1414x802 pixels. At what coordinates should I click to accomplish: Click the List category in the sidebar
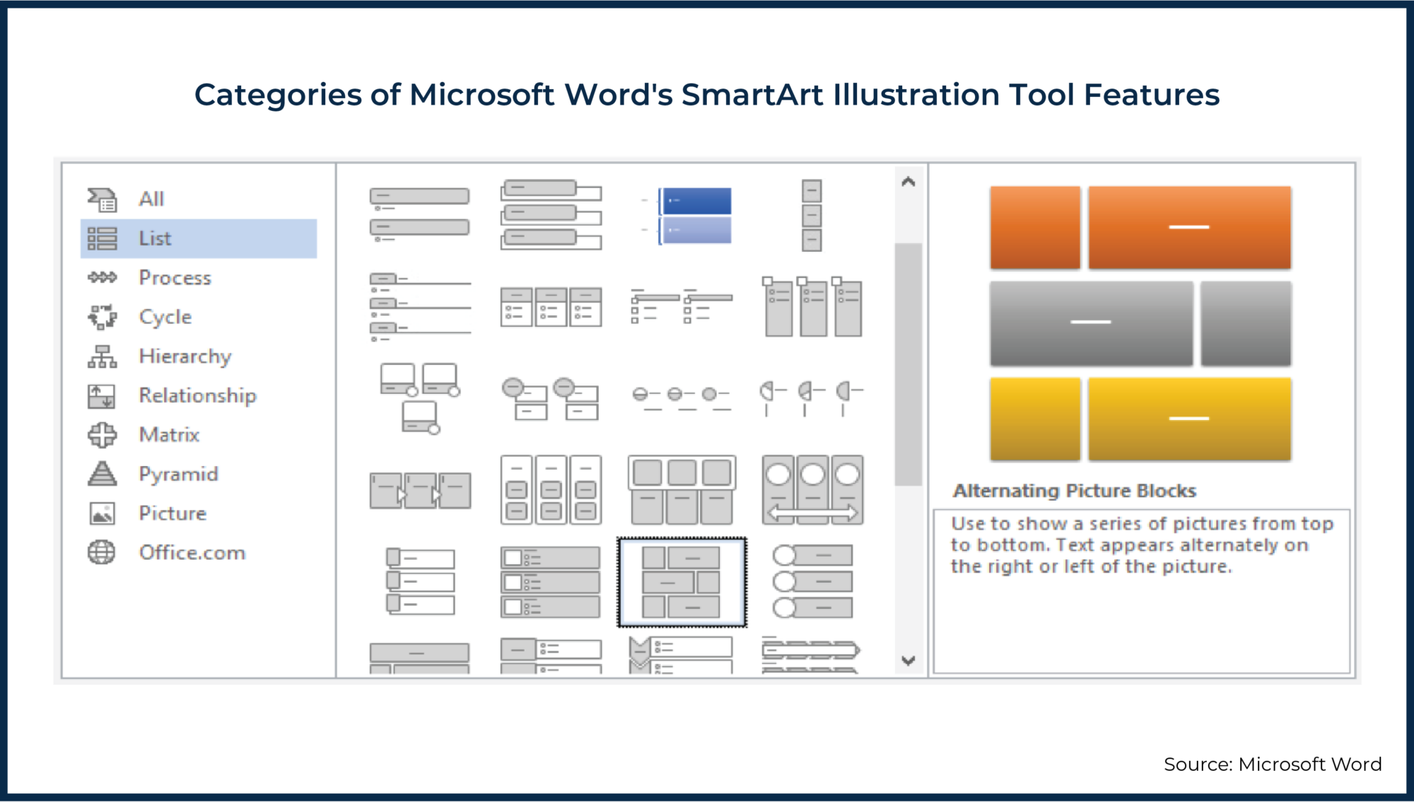click(x=155, y=238)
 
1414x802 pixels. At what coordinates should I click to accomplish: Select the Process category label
click(x=175, y=278)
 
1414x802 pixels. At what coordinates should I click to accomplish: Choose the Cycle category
click(x=165, y=317)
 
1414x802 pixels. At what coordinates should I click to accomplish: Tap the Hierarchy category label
click(x=185, y=356)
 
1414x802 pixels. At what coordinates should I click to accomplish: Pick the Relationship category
click(x=197, y=395)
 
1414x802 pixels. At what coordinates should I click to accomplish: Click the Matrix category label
click(x=169, y=435)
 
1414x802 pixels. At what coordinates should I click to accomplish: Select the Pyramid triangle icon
click(x=102, y=474)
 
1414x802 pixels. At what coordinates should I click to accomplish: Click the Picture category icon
click(x=102, y=513)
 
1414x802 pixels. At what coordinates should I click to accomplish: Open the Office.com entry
click(x=192, y=552)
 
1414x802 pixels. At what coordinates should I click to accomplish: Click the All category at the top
click(x=151, y=199)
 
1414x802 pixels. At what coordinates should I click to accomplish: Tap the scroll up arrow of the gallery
click(x=908, y=182)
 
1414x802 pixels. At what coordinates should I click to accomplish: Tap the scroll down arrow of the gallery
click(x=908, y=661)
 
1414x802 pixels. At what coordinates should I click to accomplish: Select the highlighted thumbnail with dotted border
click(x=682, y=582)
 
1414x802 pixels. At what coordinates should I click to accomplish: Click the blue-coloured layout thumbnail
click(x=695, y=216)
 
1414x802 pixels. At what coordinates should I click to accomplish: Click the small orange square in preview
click(x=1035, y=228)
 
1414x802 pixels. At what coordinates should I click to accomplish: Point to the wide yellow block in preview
click(x=1189, y=419)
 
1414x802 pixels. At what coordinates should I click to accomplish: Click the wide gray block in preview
click(x=1091, y=323)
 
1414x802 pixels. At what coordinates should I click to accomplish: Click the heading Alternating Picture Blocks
click(x=1074, y=491)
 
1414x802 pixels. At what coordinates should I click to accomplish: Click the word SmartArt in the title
click(x=752, y=95)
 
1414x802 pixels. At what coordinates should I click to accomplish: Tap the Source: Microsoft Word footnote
click(x=1272, y=765)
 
